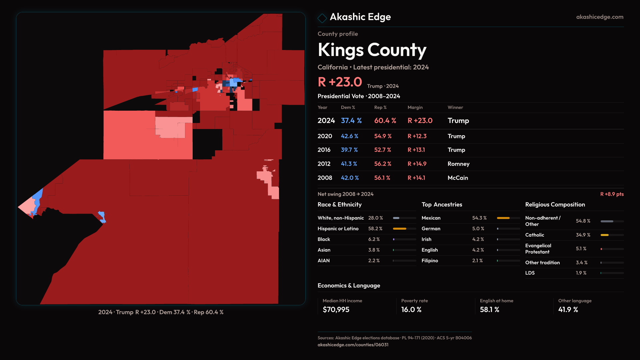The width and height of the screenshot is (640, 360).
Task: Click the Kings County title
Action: pos(372,50)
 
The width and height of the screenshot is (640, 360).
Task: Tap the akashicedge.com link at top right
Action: pos(599,17)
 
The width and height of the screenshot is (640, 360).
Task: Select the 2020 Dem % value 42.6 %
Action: pos(349,136)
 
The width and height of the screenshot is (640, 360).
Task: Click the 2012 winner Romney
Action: pos(458,164)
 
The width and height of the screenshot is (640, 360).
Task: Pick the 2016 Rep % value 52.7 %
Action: pos(382,150)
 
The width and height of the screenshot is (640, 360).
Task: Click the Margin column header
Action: pos(415,107)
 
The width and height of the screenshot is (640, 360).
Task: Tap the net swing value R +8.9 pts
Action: pos(612,194)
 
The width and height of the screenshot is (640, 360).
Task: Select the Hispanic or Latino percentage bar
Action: pos(404,229)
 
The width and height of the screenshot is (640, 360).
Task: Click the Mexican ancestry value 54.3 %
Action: pos(479,218)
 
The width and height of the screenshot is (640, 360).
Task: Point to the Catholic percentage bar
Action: pos(612,235)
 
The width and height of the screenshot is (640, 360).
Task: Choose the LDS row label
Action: pos(530,273)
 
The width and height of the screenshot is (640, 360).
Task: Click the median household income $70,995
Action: pos(336,310)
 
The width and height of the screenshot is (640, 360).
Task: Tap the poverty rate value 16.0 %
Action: pos(411,310)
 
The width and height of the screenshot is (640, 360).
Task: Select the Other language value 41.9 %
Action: pos(568,310)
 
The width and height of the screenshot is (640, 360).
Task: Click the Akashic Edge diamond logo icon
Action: pos(322,18)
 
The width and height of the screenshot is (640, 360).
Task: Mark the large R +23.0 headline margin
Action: pos(340,82)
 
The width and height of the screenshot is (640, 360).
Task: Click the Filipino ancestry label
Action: pos(429,261)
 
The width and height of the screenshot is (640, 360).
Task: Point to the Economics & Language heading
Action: pos(349,286)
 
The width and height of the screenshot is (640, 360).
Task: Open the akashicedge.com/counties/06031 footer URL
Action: pos(353,345)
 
